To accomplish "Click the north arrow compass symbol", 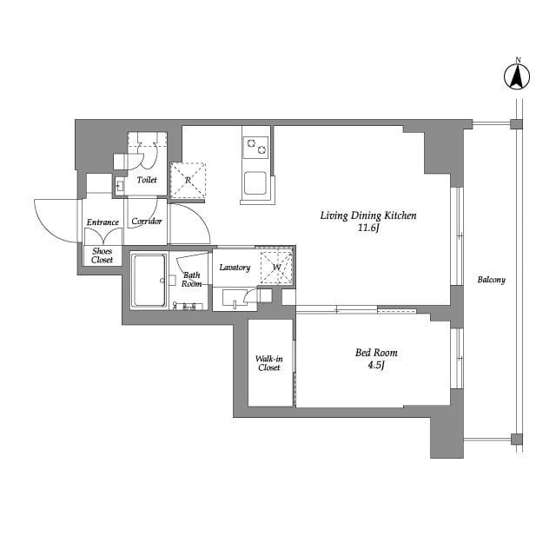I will pyautogui.click(x=518, y=77).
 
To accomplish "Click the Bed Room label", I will pyautogui.click(x=376, y=353).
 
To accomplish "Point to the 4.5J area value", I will pyautogui.click(x=376, y=366).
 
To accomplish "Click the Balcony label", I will pyautogui.click(x=491, y=280).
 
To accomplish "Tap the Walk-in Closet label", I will pyautogui.click(x=268, y=363).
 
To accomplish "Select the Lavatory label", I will pyautogui.click(x=235, y=268).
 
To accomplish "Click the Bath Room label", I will pyautogui.click(x=192, y=280).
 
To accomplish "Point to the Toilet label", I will pyautogui.click(x=147, y=181).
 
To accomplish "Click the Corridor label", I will pyautogui.click(x=147, y=222).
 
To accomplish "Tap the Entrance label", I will pyautogui.click(x=103, y=222).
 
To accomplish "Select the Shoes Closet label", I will pyautogui.click(x=103, y=255).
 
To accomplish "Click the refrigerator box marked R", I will pyautogui.click(x=188, y=180).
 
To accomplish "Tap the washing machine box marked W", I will pyautogui.click(x=276, y=267).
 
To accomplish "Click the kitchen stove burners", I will pyautogui.click(x=255, y=147).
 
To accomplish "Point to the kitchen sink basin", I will pyautogui.click(x=255, y=183).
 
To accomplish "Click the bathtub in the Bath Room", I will pyautogui.click(x=149, y=280).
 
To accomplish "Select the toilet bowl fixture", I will pyautogui.click(x=147, y=157).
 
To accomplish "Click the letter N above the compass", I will pyautogui.click(x=518, y=60).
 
